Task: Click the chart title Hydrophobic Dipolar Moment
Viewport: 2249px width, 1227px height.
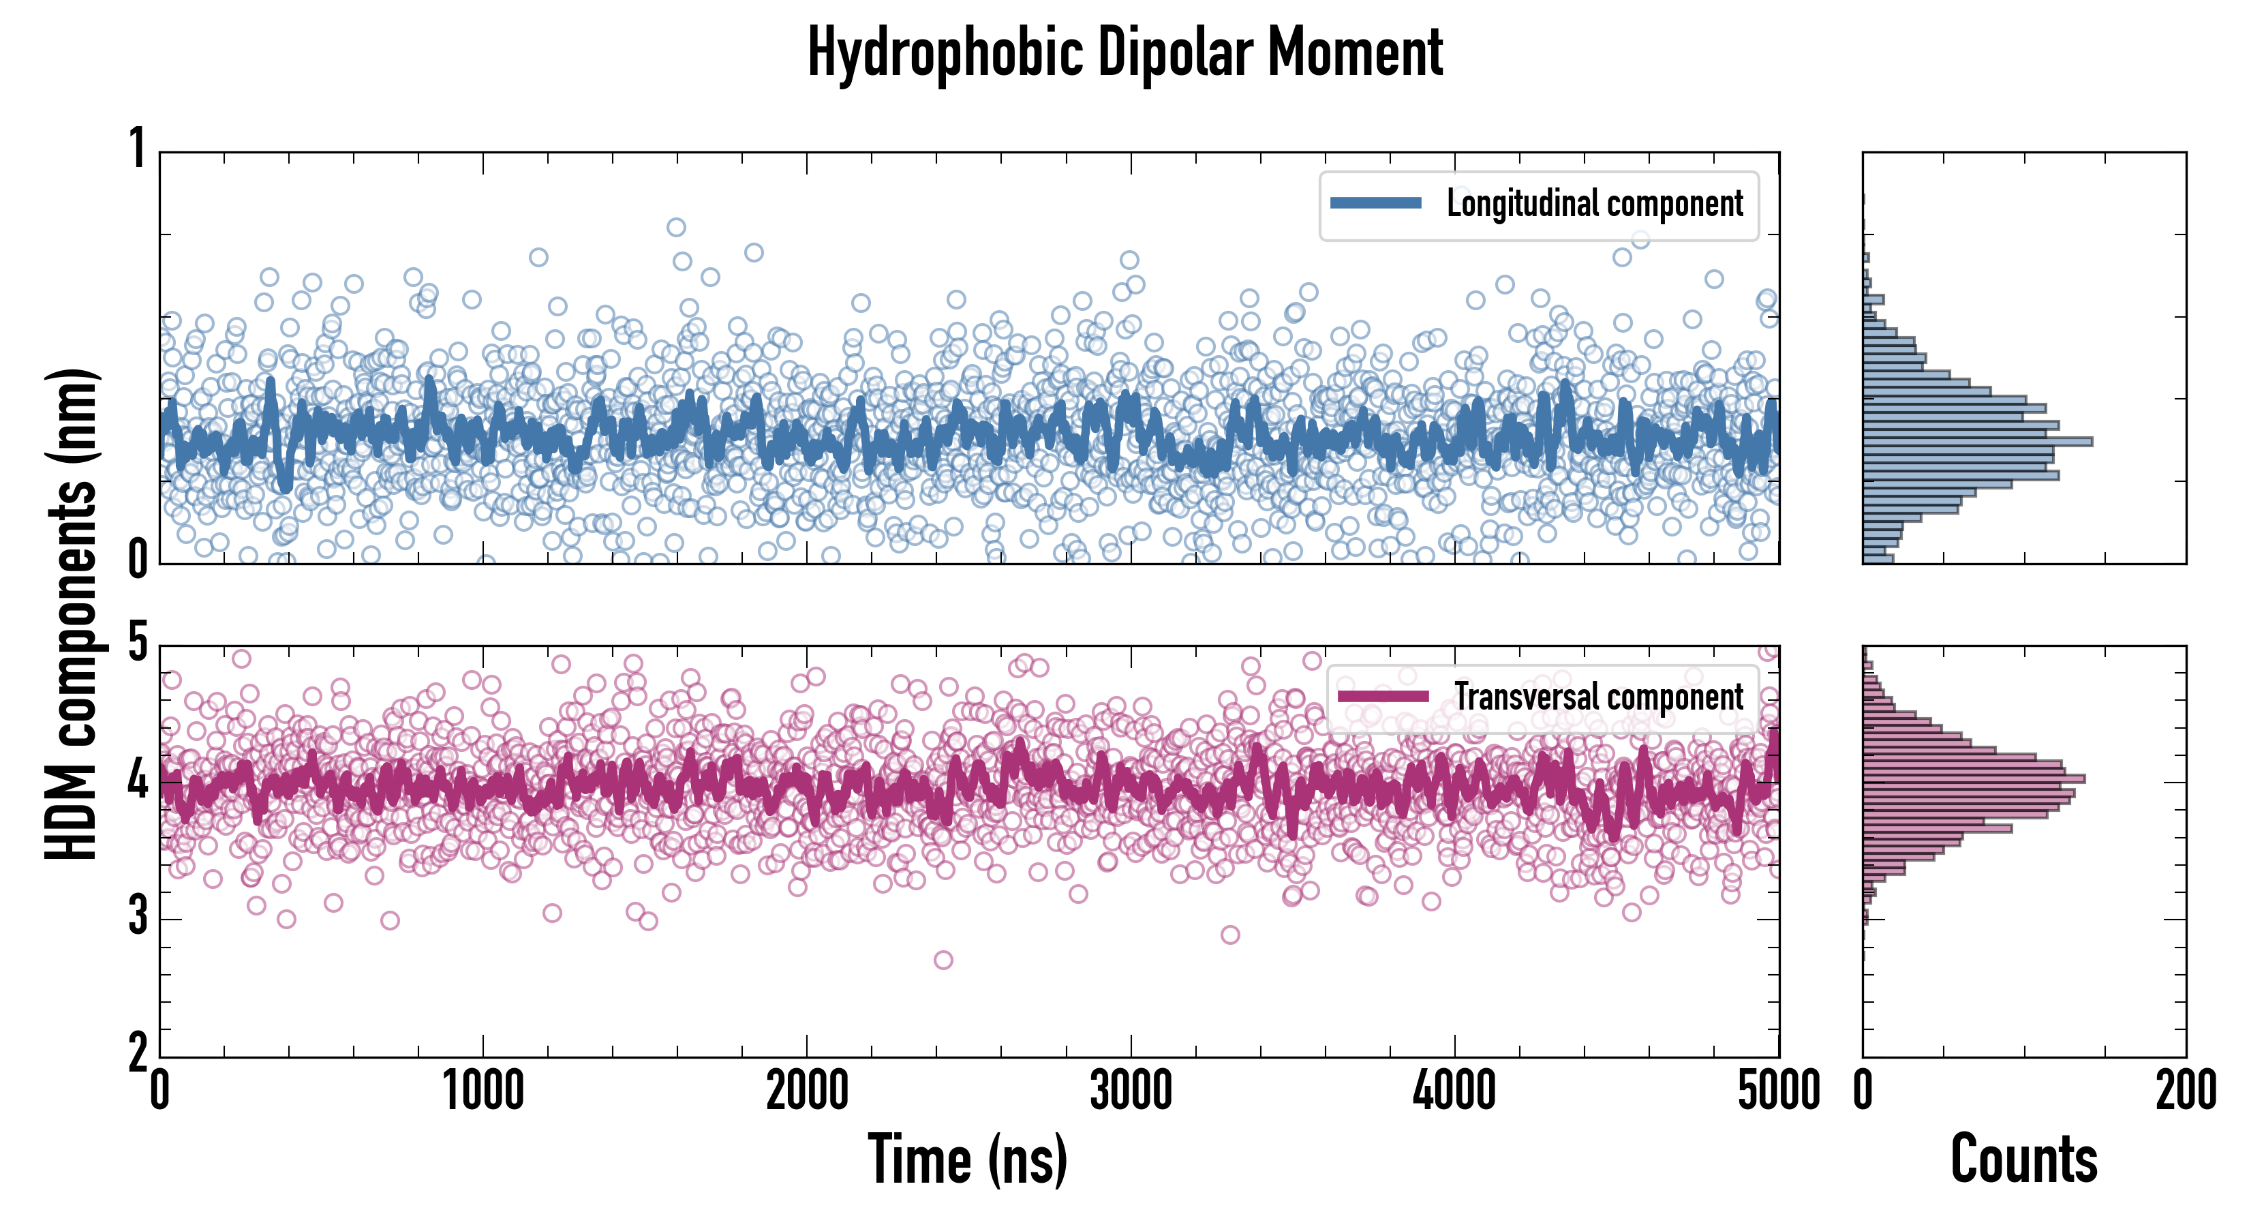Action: tap(1124, 52)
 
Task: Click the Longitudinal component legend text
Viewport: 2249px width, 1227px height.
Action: tap(1594, 204)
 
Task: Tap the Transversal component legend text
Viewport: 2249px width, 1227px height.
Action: tap(1599, 697)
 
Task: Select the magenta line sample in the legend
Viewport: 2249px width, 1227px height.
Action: tap(1383, 697)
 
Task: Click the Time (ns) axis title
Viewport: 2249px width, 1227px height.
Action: tap(967, 1160)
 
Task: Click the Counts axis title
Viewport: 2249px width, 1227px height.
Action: tap(2023, 1160)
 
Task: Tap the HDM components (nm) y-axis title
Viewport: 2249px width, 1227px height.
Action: tap(72, 614)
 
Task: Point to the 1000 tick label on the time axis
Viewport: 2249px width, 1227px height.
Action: tap(483, 1091)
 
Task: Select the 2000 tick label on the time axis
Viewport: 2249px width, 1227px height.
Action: tap(807, 1091)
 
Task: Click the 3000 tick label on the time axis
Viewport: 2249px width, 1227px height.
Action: tap(1131, 1091)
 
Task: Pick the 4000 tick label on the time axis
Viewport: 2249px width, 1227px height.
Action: tap(1454, 1091)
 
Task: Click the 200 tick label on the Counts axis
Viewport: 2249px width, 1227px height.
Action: tap(2185, 1091)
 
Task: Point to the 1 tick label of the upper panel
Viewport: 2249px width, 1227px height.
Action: tap(137, 149)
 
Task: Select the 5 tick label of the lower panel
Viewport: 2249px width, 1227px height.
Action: tap(138, 643)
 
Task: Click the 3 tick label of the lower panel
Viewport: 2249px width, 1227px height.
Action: tap(138, 917)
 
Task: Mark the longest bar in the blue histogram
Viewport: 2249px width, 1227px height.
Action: tap(1978, 441)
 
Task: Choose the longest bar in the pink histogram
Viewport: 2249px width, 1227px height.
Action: tap(1973, 778)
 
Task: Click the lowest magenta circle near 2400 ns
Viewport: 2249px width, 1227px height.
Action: tap(943, 960)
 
